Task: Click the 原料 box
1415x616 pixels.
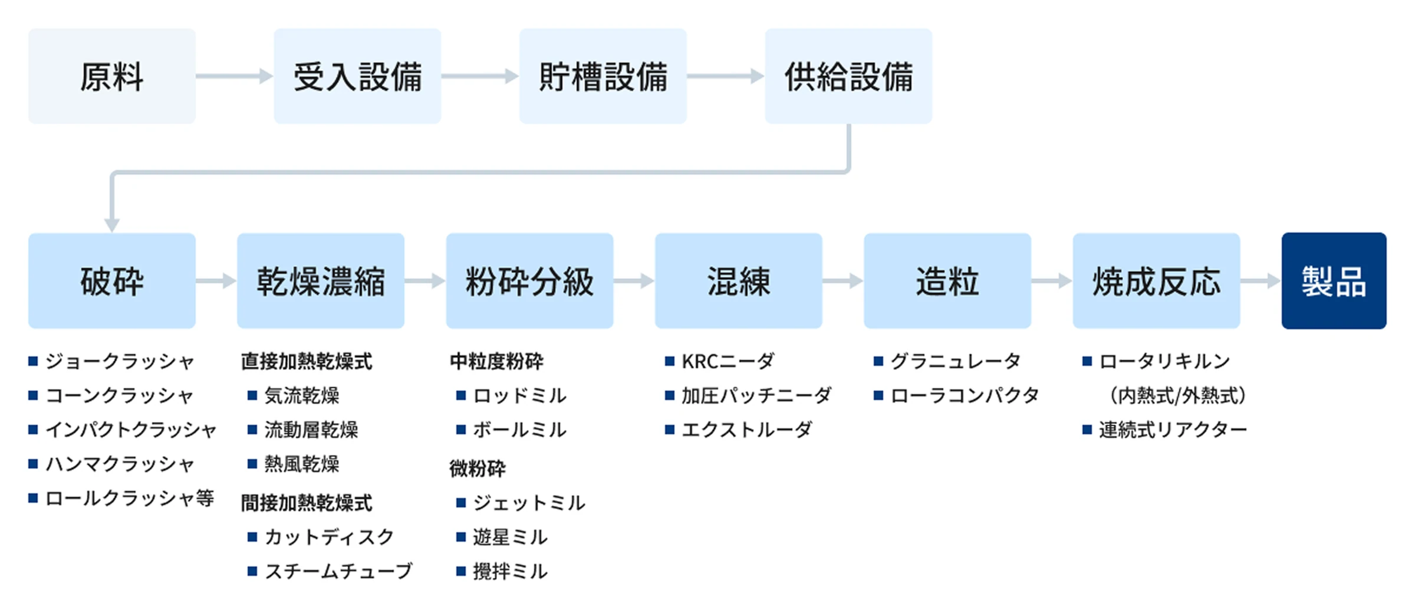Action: (x=112, y=76)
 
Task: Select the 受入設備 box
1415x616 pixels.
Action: (x=357, y=76)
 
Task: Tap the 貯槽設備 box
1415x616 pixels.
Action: (x=603, y=76)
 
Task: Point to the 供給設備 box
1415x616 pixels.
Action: (x=848, y=76)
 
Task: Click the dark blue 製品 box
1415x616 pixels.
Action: (x=1334, y=281)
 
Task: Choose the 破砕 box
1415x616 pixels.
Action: (x=112, y=281)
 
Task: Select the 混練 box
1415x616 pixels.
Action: (x=738, y=281)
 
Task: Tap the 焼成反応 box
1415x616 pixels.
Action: (x=1156, y=281)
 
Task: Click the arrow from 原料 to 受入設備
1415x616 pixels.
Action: (x=234, y=76)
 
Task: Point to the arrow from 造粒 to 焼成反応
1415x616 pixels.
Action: (x=1051, y=281)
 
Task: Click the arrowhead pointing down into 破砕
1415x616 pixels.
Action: (x=112, y=224)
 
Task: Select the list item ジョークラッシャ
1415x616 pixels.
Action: (x=120, y=361)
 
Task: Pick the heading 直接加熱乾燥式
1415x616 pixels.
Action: (x=307, y=361)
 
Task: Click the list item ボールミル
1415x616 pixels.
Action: (x=519, y=430)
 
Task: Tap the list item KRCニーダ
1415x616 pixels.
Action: (x=728, y=361)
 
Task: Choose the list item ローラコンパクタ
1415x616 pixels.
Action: (x=965, y=395)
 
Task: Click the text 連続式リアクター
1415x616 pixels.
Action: (x=1173, y=430)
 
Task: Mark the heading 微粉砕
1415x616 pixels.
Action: (x=478, y=468)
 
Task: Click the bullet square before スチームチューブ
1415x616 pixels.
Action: (x=252, y=571)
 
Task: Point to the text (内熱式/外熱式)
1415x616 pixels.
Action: (x=1177, y=395)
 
